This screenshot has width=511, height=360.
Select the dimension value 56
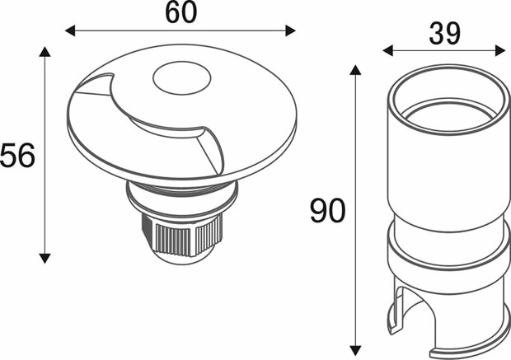(17, 156)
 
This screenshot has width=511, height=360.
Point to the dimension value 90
(327, 212)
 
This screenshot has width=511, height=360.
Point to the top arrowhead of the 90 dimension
(355, 70)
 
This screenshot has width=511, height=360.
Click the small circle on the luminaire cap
(175, 80)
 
